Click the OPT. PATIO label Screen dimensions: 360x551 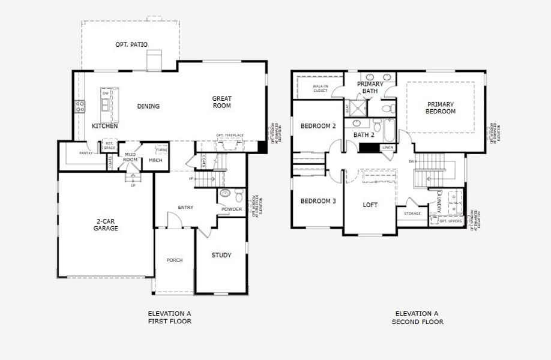click(131, 44)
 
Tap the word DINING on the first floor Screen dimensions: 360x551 click(148, 106)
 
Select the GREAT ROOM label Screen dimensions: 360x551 click(221, 102)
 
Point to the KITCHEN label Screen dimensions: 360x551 click(104, 127)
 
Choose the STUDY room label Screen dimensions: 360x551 click(221, 256)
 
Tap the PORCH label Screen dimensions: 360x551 click(175, 260)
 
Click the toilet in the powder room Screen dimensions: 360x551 click(239, 196)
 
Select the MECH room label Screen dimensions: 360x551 click(155, 160)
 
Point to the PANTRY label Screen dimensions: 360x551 click(86, 153)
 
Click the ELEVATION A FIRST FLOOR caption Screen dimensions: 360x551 click(170, 317)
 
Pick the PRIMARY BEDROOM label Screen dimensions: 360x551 click(441, 107)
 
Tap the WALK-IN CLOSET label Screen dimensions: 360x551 click(320, 88)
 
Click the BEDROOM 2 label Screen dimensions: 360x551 click(318, 126)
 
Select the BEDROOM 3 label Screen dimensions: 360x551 click(318, 201)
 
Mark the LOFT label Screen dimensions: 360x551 click(370, 205)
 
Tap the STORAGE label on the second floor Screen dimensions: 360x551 click(412, 213)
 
